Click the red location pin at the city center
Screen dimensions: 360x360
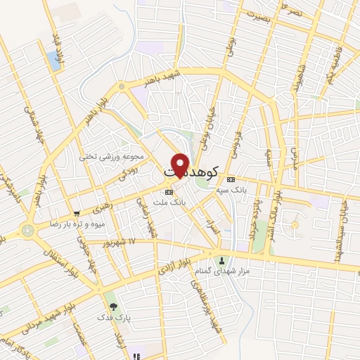click(180, 165)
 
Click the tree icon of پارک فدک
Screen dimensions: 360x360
click(113, 307)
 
